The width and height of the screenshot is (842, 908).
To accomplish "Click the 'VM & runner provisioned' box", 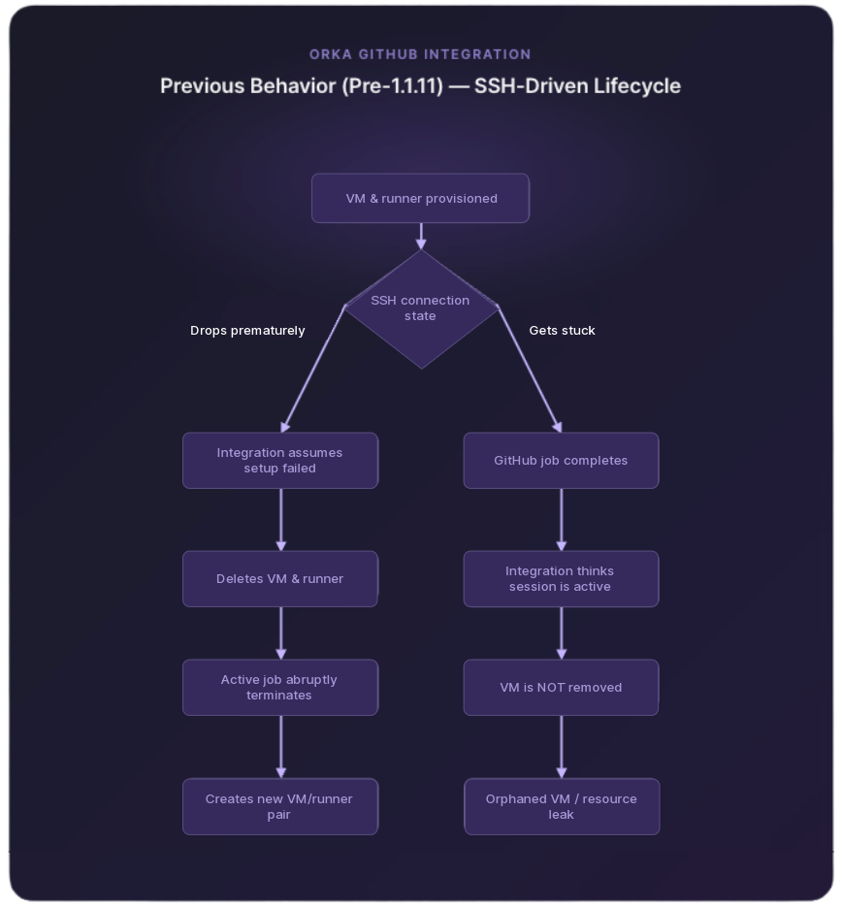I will click(420, 199).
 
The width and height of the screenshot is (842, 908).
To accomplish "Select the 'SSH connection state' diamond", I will click(420, 308).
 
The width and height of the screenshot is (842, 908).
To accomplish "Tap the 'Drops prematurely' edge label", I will click(247, 331).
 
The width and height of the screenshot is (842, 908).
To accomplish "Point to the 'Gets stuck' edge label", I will click(562, 331).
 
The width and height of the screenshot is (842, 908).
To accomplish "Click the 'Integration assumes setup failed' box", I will click(280, 461).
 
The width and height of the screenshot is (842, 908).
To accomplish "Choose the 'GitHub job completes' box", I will click(561, 461).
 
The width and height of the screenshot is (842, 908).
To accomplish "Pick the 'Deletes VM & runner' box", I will click(280, 579).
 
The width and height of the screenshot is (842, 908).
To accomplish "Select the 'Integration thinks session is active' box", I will click(561, 579).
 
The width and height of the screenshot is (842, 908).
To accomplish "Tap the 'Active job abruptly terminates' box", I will click(280, 688).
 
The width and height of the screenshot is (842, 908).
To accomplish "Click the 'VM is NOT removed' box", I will click(561, 688).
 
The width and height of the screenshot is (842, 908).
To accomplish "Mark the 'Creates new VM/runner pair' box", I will click(280, 807).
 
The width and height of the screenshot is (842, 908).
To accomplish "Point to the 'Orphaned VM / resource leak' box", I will click(562, 807).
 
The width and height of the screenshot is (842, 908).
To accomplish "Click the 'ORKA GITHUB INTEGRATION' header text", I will click(420, 54).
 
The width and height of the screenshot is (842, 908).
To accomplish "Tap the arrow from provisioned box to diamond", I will click(421, 236).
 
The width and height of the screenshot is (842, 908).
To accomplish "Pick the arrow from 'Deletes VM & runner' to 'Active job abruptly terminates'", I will click(281, 633).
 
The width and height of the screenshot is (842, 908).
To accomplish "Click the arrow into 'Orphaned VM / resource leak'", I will click(562, 747).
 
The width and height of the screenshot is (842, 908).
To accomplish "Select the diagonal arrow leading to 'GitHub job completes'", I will click(530, 369).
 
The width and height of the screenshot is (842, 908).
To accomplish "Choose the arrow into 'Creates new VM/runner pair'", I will click(281, 747).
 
